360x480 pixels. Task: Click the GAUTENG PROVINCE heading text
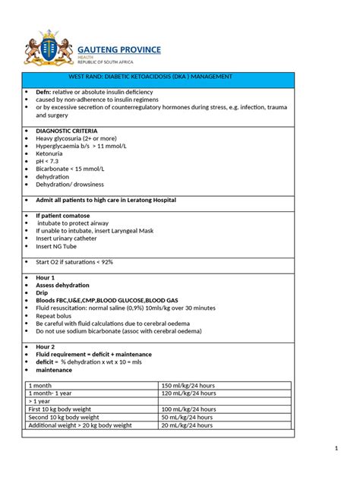tap(118, 49)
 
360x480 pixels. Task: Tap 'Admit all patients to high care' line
tap(106, 200)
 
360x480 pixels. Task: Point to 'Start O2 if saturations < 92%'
tap(74, 262)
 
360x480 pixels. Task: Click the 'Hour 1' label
tap(46, 278)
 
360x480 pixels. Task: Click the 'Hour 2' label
tap(46, 346)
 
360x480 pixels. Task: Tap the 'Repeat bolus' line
tap(56, 315)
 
